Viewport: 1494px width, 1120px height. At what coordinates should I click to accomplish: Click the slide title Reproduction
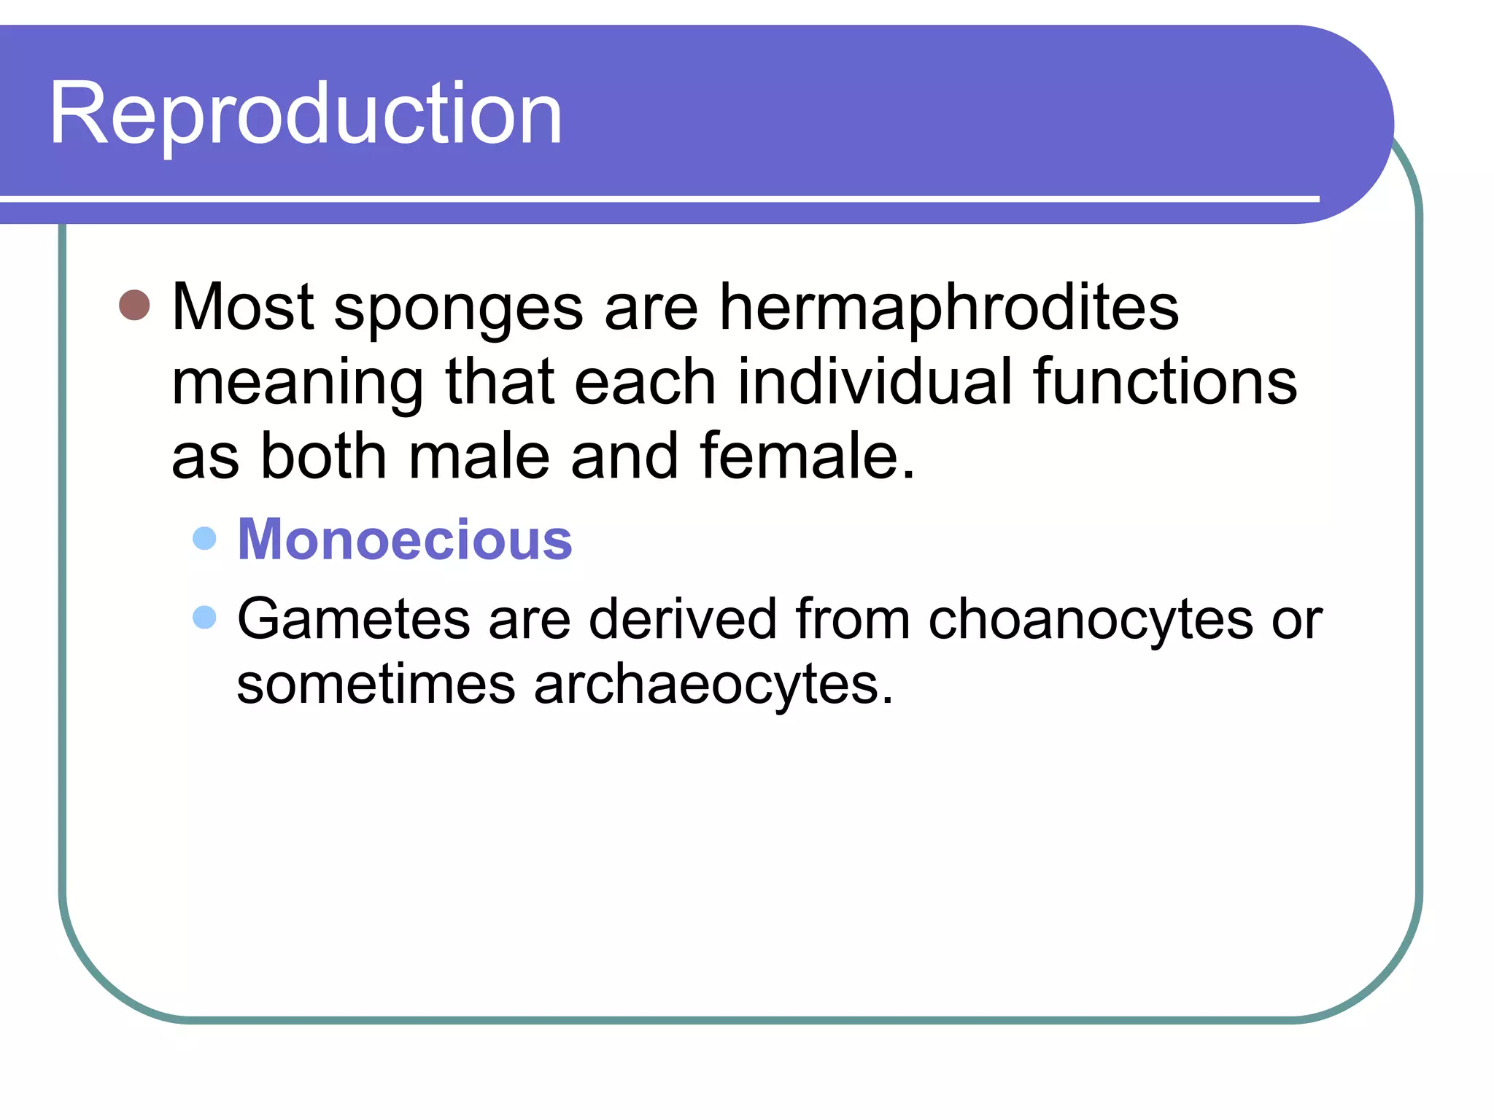pyautogui.click(x=305, y=114)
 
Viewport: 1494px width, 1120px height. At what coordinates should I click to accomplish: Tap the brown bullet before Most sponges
pyautogui.click(x=134, y=305)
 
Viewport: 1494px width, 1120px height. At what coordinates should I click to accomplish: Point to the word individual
pyautogui.click(x=874, y=382)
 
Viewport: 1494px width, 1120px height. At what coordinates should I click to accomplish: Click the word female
pyautogui.click(x=807, y=456)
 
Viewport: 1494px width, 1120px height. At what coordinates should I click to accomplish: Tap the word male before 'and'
pyautogui.click(x=479, y=456)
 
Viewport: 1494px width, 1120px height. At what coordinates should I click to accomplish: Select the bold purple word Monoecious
pyautogui.click(x=405, y=540)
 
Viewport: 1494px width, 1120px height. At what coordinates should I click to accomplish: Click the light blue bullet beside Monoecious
pyautogui.click(x=205, y=539)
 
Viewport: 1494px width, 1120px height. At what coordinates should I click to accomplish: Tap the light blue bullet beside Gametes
pyautogui.click(x=205, y=617)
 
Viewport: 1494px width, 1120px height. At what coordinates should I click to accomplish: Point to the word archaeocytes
pyautogui.click(x=713, y=685)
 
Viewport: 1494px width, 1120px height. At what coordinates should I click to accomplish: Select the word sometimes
pyautogui.click(x=376, y=685)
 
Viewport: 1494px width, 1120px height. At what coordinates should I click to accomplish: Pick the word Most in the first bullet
pyautogui.click(x=243, y=308)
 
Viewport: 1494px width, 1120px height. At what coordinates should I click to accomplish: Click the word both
pyautogui.click(x=323, y=456)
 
